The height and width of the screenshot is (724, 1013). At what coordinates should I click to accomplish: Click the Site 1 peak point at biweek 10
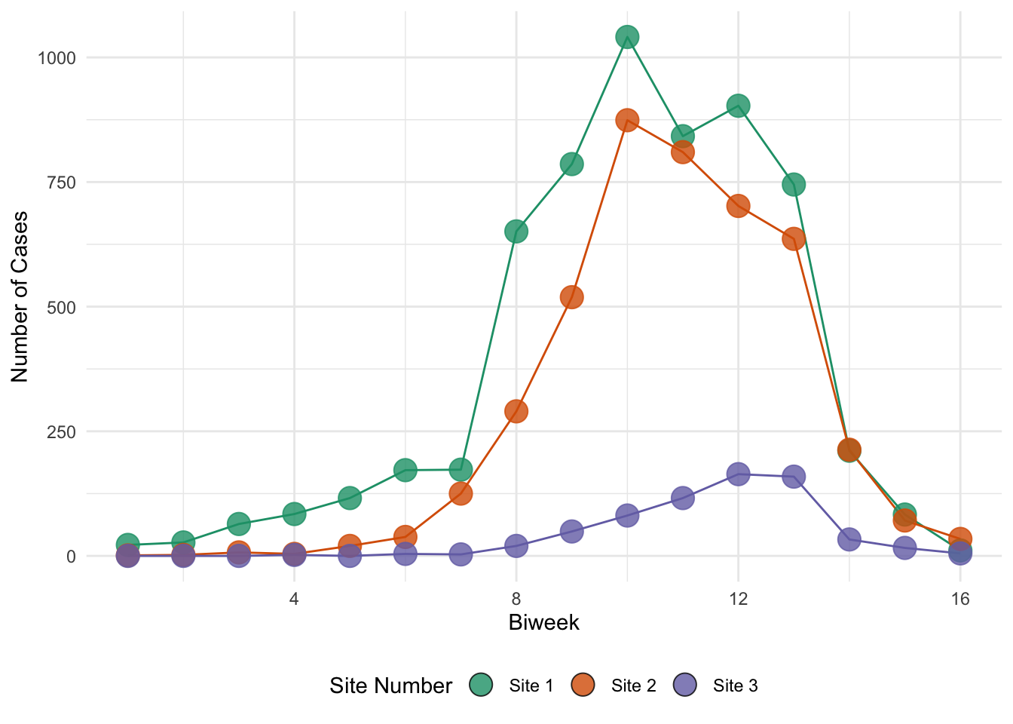point(627,36)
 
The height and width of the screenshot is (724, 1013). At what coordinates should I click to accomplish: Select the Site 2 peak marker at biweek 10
point(627,120)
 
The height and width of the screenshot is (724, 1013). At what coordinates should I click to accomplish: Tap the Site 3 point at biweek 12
point(738,474)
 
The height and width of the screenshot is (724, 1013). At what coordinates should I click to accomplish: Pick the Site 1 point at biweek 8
point(516,231)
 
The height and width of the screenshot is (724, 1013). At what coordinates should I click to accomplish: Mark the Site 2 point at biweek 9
point(571,297)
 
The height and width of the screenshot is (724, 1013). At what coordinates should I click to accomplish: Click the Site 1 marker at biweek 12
point(738,106)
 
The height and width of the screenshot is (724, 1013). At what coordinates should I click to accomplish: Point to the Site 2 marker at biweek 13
point(793,239)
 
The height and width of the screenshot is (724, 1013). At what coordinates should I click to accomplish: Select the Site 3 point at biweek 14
point(849,539)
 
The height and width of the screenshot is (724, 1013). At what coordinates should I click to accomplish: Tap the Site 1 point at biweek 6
point(406,470)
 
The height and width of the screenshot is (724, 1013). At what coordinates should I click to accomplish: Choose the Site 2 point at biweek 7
point(461,493)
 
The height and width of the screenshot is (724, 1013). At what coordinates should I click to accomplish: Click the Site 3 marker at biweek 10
point(627,516)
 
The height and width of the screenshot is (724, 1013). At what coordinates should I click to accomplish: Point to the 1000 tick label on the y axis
point(57,58)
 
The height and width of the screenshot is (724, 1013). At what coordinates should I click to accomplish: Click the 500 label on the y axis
point(61,307)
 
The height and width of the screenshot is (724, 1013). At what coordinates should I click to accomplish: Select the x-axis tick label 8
point(516,600)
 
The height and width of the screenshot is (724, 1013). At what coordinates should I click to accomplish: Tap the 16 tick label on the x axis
point(959,600)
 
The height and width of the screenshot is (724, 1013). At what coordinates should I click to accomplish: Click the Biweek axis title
point(543,623)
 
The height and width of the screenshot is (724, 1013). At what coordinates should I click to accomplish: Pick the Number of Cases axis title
point(20,296)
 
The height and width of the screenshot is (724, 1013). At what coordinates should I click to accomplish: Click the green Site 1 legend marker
point(481,685)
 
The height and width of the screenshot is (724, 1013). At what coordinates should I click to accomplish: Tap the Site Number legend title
point(390,686)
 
